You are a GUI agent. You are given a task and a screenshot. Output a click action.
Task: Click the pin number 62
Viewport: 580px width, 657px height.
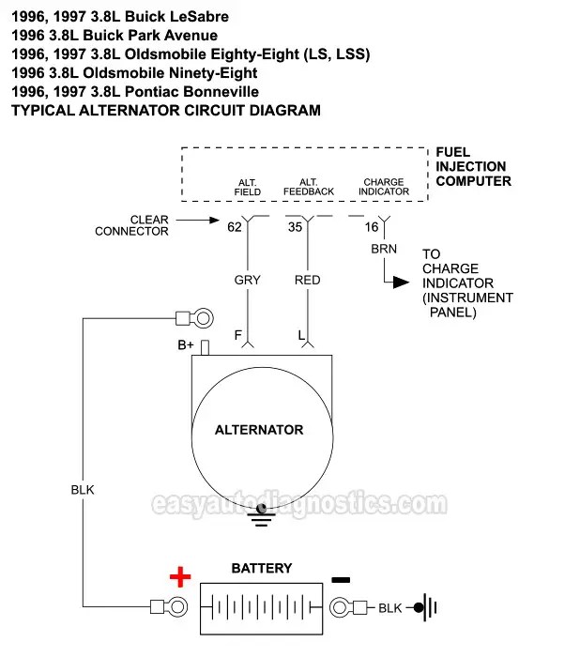(235, 226)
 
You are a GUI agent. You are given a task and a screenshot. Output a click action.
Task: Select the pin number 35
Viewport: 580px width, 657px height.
(295, 226)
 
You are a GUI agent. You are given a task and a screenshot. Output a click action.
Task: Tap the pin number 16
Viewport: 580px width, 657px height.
(372, 226)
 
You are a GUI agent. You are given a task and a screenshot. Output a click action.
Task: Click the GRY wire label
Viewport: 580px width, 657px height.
(248, 280)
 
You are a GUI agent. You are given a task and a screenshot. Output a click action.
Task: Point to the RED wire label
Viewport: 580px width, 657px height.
(308, 280)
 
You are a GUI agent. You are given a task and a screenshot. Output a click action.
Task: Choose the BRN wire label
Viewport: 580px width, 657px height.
(384, 250)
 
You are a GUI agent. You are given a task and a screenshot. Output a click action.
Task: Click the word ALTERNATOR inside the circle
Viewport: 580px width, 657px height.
(259, 430)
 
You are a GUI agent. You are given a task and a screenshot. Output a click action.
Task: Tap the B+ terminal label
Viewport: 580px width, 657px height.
(186, 345)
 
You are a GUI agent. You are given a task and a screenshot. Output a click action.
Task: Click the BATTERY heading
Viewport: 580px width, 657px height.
(261, 568)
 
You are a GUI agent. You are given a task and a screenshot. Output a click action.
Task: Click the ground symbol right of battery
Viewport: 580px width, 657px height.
(428, 607)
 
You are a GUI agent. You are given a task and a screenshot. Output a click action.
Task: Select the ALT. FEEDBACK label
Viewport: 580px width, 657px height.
(309, 187)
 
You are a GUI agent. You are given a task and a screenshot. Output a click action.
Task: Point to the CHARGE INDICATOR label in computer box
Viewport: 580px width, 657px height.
(384, 187)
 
